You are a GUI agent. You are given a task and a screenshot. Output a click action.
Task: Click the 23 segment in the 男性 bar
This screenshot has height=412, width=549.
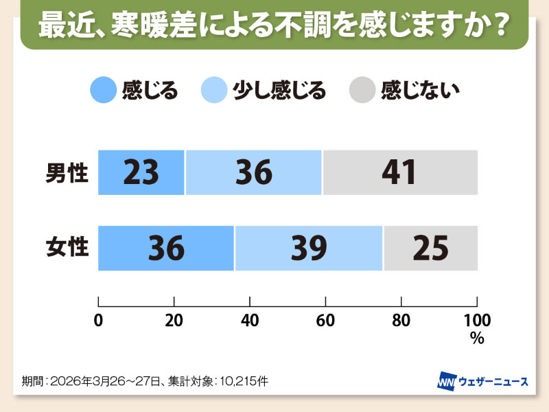point(141,172)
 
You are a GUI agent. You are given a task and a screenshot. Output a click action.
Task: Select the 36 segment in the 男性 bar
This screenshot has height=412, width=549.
point(253,172)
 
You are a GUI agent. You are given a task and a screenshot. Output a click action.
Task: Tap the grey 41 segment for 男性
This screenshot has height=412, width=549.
point(399,172)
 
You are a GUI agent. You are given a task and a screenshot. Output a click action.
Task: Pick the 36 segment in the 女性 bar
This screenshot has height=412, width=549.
point(166,248)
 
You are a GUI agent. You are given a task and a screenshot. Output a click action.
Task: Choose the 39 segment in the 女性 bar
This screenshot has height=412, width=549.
point(308,248)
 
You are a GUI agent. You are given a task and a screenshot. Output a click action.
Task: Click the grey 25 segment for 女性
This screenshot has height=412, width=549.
point(430,248)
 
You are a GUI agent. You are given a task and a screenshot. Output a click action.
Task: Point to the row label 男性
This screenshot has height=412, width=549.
point(67,172)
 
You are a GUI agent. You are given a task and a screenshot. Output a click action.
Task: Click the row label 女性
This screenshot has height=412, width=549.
point(67,247)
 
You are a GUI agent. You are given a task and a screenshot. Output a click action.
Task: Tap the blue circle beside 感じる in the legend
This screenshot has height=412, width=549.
point(103,91)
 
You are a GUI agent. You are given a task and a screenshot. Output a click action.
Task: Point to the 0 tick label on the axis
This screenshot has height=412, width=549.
point(99,320)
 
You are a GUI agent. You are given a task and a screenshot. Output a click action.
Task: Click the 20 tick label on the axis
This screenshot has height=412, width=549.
point(174,320)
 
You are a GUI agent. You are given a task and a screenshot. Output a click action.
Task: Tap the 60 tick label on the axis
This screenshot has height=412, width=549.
point(325,320)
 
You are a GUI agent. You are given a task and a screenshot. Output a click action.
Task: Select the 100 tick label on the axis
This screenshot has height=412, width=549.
point(476,320)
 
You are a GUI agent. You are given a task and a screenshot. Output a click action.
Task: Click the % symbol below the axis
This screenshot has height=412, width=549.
point(476,337)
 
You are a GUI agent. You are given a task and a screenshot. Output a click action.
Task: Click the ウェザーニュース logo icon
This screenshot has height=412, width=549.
point(448,380)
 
